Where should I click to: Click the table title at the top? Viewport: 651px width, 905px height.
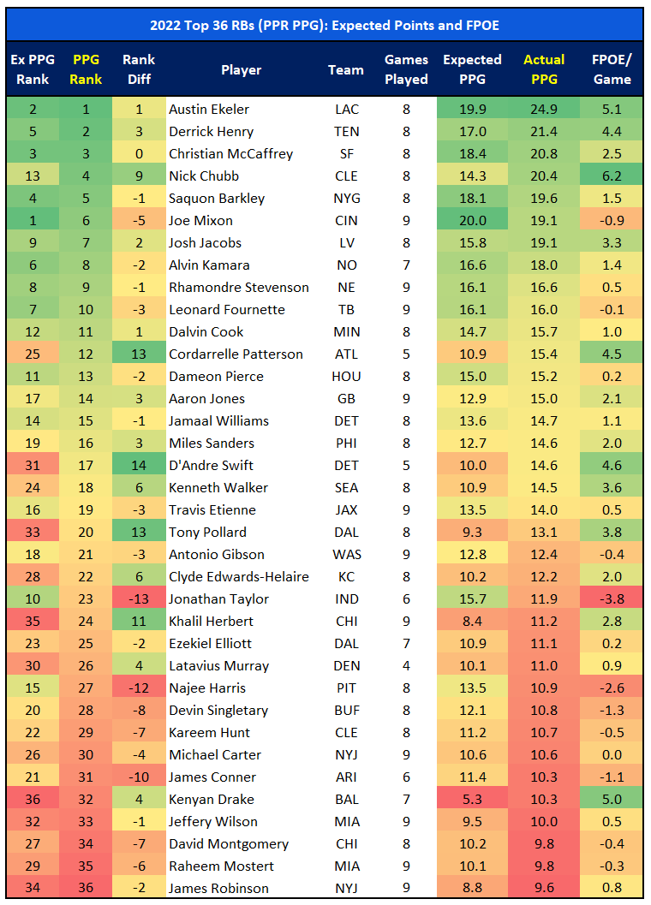point(325,26)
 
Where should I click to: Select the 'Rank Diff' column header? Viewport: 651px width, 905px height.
point(139,69)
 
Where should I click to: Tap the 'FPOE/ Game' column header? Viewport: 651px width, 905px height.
point(612,69)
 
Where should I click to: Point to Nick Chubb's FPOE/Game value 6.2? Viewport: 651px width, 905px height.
point(612,176)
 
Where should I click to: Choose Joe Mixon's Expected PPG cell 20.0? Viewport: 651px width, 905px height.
point(472,220)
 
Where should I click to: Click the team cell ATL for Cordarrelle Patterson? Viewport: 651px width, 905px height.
point(346,354)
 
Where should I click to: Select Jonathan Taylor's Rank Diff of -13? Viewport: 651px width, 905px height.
point(139,598)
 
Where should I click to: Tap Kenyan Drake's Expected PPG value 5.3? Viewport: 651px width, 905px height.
point(472,799)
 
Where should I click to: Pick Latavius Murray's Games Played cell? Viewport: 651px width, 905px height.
point(406,665)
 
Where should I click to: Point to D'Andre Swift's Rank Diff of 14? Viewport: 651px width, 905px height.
point(139,465)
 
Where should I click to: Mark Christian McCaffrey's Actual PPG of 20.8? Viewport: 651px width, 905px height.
point(544,153)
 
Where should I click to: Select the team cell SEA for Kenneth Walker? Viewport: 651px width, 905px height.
point(346,487)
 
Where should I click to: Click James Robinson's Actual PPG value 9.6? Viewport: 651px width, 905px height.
point(544,888)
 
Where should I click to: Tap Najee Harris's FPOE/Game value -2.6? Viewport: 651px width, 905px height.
point(612,688)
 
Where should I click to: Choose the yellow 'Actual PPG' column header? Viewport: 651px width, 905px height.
point(544,69)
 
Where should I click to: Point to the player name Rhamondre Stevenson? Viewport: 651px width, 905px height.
point(238,287)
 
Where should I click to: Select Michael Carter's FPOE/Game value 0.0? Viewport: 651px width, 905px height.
point(612,754)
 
